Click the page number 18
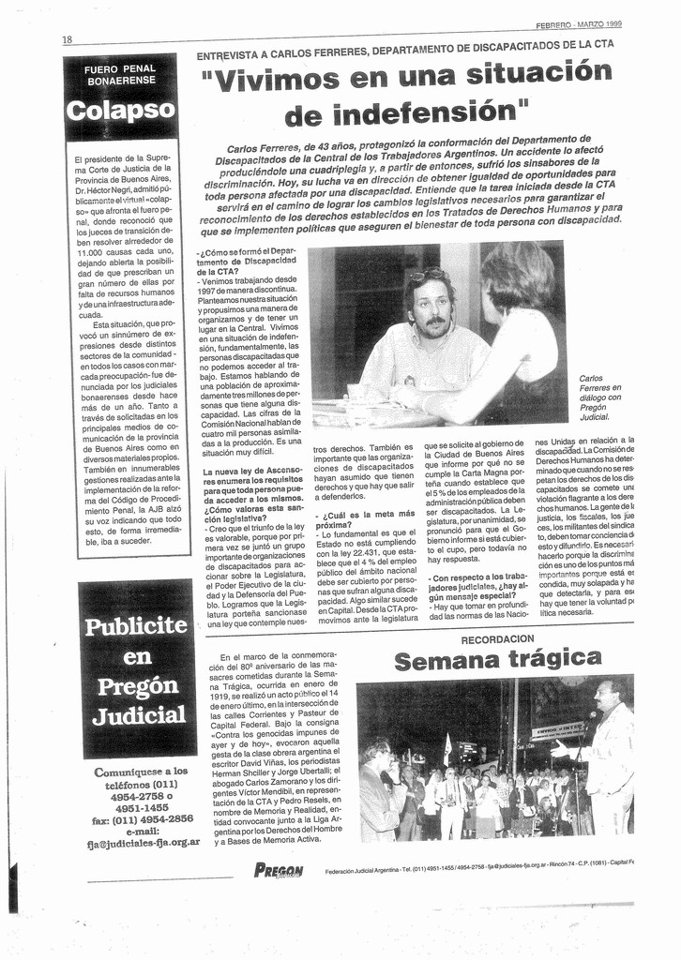pyautogui.click(x=68, y=39)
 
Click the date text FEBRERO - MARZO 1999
pyautogui.click(x=579, y=24)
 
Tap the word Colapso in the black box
pyautogui.click(x=119, y=110)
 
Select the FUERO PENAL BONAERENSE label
pyautogui.click(x=120, y=75)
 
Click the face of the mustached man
pyautogui.click(x=431, y=310)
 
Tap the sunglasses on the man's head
pyautogui.click(x=426, y=276)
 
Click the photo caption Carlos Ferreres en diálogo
pyautogui.click(x=600, y=397)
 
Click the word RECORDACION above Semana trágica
pyautogui.click(x=497, y=638)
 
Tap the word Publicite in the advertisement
pyautogui.click(x=137, y=625)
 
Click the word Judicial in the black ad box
pyautogui.click(x=139, y=716)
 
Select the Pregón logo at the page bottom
pyautogui.click(x=279, y=870)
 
